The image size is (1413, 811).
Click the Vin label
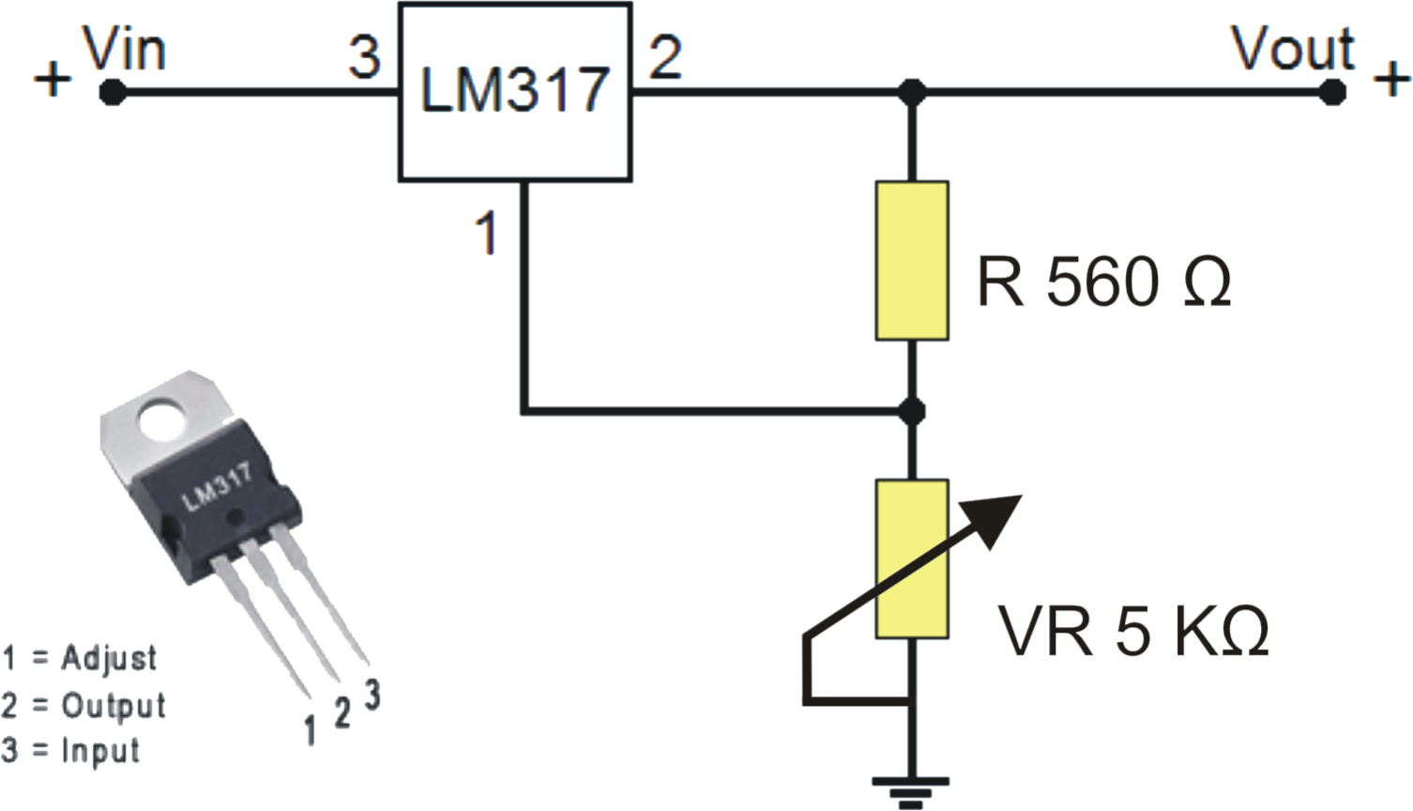[125, 50]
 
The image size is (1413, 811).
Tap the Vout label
[1293, 49]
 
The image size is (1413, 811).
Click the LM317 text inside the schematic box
[515, 91]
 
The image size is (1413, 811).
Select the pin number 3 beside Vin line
[364, 57]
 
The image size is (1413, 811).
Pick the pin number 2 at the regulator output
[665, 57]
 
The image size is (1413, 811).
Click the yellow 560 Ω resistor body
[911, 260]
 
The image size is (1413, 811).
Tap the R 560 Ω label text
[1103, 282]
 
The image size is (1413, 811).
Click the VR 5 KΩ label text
[1133, 631]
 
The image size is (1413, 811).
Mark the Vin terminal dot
[113, 92]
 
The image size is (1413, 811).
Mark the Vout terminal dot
[1331, 92]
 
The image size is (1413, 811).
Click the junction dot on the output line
[911, 92]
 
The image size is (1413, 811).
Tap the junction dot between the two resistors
[911, 411]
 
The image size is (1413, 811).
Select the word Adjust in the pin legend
[109, 658]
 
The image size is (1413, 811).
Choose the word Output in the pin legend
[113, 705]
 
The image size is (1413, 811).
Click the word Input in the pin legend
[100, 751]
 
